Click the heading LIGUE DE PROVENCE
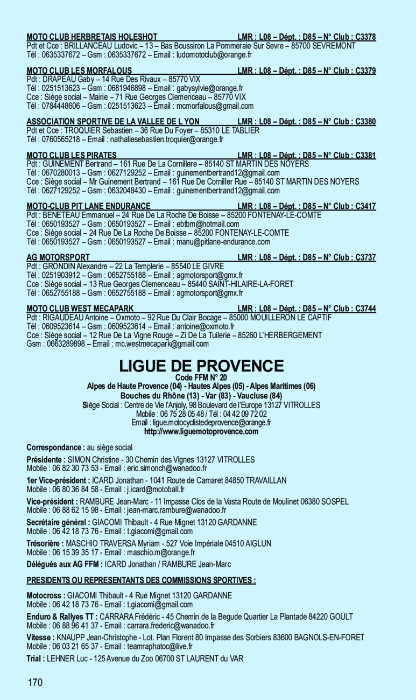[x=201, y=366]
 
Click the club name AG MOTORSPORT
[x=58, y=258]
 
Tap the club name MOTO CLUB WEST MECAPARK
[x=80, y=309]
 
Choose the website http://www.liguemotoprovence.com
[x=201, y=431]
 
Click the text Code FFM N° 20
[x=201, y=377]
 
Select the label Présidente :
[x=46, y=460]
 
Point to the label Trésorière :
[x=46, y=544]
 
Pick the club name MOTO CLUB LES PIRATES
[x=72, y=156]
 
